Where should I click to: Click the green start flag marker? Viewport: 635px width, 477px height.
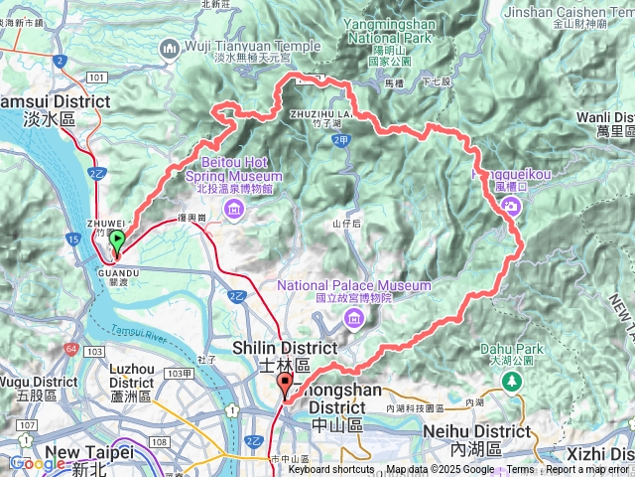(117, 239)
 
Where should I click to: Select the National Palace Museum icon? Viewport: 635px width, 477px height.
(353, 316)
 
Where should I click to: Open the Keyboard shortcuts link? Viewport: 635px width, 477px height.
(330, 470)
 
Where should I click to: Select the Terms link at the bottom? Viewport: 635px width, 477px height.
(520, 470)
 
